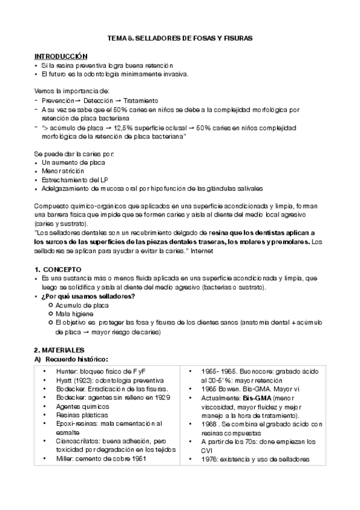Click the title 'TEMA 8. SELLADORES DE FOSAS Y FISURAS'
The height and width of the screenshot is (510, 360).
click(x=180, y=38)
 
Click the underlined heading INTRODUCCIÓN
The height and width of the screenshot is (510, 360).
click(x=61, y=55)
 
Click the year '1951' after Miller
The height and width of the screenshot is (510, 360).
click(x=154, y=459)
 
